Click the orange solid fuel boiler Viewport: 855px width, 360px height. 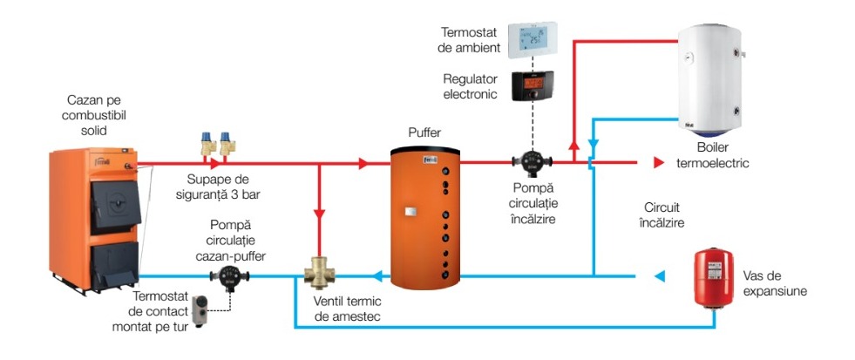pos(92,218)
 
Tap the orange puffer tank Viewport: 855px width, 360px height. pos(425,217)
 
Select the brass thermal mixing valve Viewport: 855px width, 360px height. pos(320,275)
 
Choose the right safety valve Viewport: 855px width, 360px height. pos(229,142)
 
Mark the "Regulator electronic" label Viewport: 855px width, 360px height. pos(470,85)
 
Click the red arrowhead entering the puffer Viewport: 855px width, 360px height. pos(363,163)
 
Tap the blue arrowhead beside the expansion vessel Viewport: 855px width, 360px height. pos(660,277)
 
